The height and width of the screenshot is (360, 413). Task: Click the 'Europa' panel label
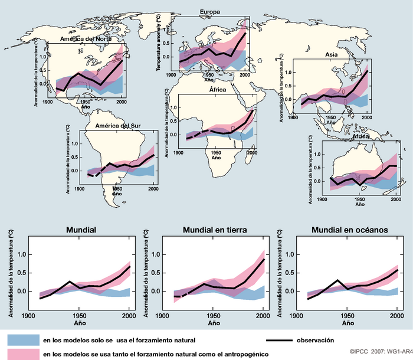211,12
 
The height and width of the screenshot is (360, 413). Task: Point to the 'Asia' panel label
332,54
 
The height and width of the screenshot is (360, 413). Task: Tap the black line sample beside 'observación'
284,341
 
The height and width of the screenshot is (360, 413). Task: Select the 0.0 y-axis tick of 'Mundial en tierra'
156,292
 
